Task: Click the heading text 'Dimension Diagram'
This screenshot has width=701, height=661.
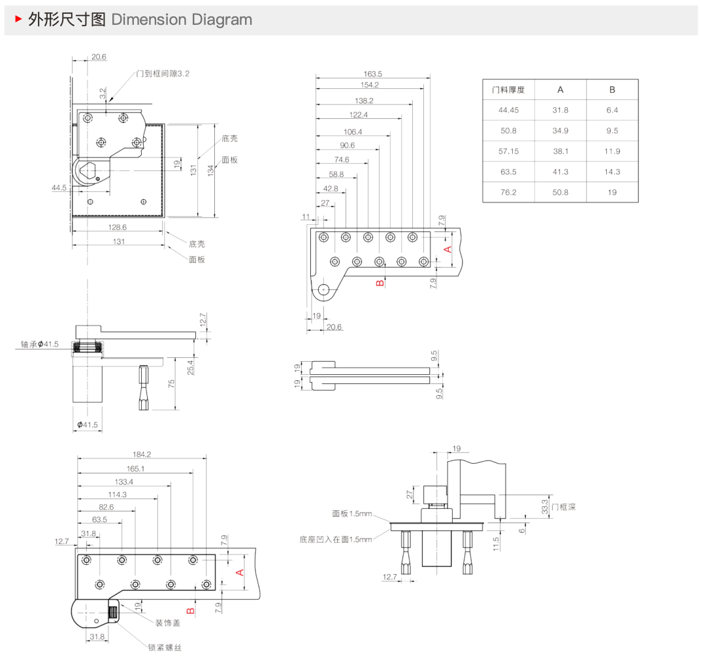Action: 182,20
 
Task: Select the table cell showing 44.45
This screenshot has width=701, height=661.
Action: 508,110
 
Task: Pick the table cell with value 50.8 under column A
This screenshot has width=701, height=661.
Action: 560,193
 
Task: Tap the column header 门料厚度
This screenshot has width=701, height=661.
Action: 508,90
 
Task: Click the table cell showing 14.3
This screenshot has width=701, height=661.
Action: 611,172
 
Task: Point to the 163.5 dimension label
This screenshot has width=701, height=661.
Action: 372,74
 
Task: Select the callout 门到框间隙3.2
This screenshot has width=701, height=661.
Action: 163,74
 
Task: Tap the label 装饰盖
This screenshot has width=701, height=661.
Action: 167,623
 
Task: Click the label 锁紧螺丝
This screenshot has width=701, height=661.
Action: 165,647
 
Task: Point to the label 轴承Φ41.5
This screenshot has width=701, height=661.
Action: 39,344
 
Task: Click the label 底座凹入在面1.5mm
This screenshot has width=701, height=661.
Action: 335,540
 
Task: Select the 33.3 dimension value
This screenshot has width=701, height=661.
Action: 544,506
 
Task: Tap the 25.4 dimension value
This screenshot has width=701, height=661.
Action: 190,368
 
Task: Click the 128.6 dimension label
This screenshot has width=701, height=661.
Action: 118,227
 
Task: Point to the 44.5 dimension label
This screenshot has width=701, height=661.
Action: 59,188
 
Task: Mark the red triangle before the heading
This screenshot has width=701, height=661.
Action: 18,20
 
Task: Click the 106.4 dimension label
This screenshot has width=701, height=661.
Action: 352,132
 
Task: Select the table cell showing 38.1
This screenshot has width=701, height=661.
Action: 560,152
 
